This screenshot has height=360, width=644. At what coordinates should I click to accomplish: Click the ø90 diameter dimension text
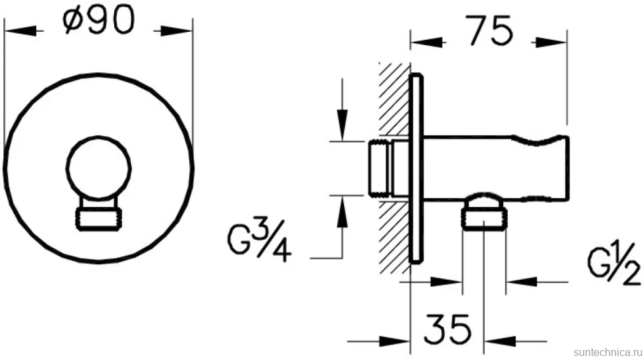(x=98, y=21)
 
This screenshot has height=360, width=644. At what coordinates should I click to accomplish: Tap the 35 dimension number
(x=447, y=329)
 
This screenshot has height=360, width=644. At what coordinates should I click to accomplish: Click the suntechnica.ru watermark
(x=607, y=352)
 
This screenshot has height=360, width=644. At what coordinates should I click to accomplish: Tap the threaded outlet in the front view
(x=98, y=218)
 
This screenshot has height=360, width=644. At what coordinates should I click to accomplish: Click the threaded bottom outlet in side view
(x=484, y=219)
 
